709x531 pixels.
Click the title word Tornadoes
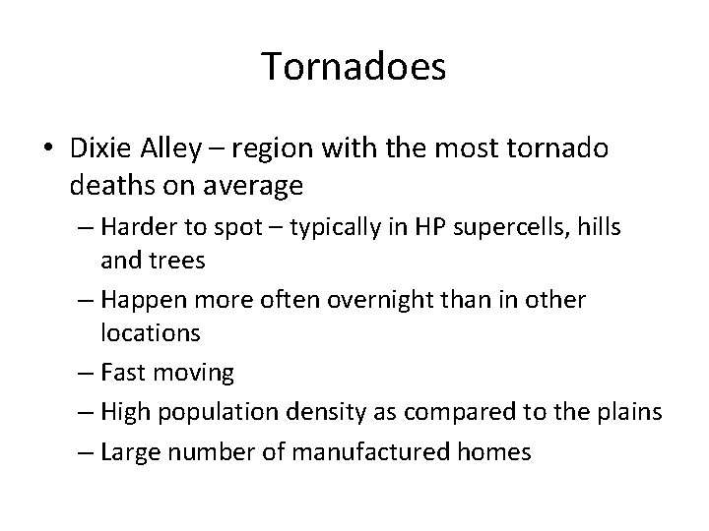pyautogui.click(x=354, y=67)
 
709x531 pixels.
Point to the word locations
pyautogui.click(x=151, y=332)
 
